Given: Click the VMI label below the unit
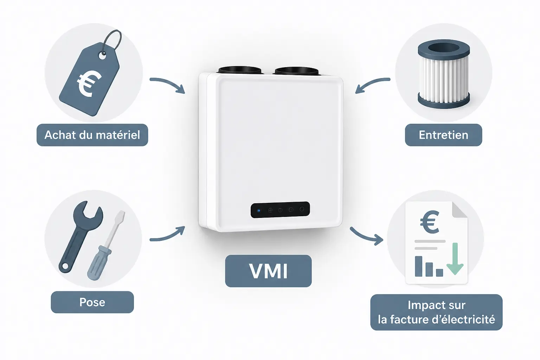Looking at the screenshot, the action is [268, 271].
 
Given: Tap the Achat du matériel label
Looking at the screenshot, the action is [92, 135].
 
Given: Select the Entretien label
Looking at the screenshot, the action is [443, 135].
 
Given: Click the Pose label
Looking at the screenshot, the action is [92, 302].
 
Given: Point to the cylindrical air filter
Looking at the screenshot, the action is [444, 74].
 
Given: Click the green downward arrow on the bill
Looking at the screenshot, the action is [455, 259].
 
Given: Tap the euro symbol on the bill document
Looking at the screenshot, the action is [430, 222].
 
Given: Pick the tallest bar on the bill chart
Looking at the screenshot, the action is [418, 266].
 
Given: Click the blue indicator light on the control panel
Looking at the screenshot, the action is [259, 211].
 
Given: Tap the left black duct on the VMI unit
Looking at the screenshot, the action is [240, 70].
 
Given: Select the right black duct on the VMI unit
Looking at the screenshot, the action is [296, 70].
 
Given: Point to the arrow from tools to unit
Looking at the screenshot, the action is [168, 235].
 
